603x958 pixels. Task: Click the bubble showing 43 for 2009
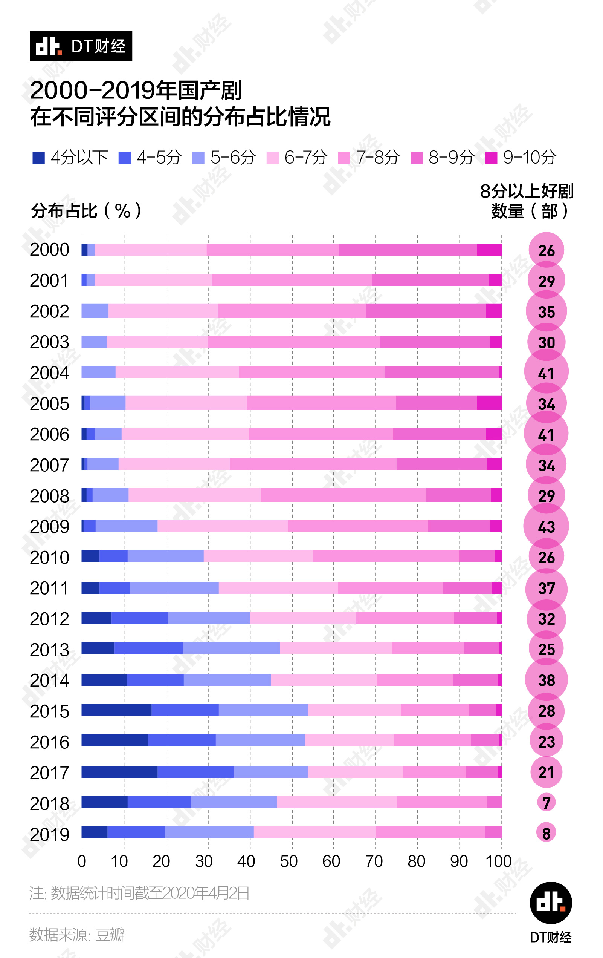pos(546,526)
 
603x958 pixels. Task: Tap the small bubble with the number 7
pos(546,802)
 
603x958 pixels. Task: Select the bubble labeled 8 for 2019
pos(546,833)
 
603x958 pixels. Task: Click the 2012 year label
pos(49,619)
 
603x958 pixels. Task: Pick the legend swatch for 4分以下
pos(38,158)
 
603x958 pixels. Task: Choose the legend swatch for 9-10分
pos(491,158)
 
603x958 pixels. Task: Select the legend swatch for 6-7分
pos(273,158)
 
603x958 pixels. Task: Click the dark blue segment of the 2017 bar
pos(119,772)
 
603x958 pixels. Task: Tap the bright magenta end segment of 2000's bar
pos(489,250)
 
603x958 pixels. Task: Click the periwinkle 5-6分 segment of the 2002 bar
pos(95,311)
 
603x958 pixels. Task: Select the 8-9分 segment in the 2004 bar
pos(442,372)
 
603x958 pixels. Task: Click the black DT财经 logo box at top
pos(81,46)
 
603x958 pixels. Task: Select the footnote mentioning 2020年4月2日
pos(139,893)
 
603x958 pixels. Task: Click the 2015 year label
pos(49,711)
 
